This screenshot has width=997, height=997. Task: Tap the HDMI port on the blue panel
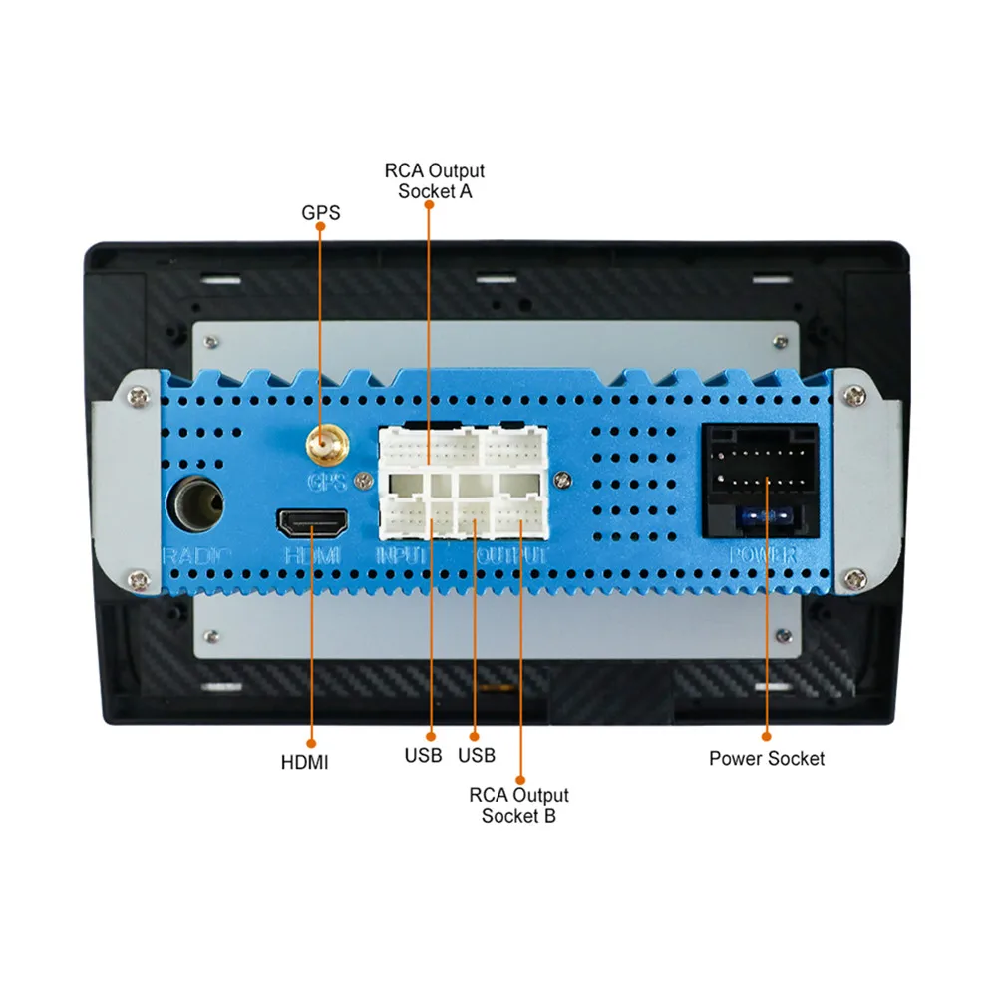point(311,521)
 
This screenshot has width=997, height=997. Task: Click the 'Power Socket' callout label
point(767,758)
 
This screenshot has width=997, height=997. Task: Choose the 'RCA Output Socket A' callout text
point(434,180)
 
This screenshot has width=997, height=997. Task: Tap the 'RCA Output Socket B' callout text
point(518,805)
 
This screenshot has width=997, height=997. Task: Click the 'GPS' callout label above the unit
point(320,212)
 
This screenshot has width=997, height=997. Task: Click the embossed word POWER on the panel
point(762,555)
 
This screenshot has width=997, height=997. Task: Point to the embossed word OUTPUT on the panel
point(511,555)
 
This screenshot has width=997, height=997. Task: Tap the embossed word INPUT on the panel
point(403,555)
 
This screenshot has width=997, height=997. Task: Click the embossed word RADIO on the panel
point(196,556)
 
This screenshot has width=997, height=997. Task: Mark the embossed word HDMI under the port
point(312,555)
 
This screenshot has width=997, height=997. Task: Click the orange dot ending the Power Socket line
point(767,736)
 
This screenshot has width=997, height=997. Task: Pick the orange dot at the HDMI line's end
point(311,742)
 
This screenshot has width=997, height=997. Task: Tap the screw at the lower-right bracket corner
point(855,575)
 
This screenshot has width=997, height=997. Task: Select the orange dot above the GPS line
point(320,227)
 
